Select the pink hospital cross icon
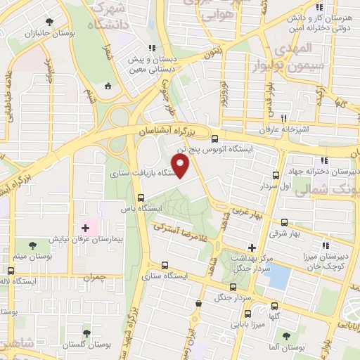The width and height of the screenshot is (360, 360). (x=86, y=228)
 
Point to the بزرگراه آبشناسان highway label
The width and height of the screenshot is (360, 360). (x=166, y=131)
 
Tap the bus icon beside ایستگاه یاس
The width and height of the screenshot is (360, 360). (x=141, y=198)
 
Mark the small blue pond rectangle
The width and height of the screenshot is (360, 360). (x=278, y=276)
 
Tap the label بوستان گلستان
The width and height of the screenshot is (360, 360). (x=84, y=345)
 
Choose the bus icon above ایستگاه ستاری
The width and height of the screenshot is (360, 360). (x=165, y=266)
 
